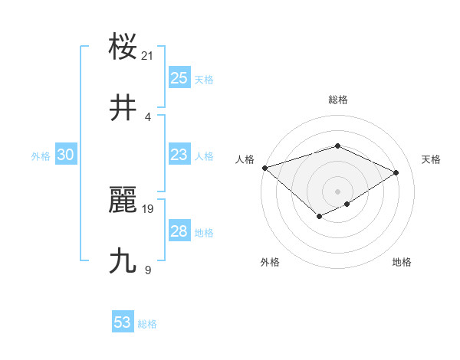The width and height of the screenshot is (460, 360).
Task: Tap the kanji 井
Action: [x=123, y=109]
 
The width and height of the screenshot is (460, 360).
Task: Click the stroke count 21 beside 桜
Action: [x=148, y=55]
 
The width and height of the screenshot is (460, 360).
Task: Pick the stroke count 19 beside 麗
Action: [x=148, y=208]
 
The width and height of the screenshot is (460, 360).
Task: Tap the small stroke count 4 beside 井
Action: [x=148, y=116]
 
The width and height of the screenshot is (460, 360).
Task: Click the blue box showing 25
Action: [x=179, y=78]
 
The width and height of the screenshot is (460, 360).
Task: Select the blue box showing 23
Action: [x=179, y=155]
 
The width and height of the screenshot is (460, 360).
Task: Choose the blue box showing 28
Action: [x=179, y=231]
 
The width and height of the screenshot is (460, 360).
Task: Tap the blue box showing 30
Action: [x=66, y=155]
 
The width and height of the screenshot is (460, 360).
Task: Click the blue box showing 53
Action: [x=123, y=322]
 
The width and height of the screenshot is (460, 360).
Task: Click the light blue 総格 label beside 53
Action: [x=147, y=324]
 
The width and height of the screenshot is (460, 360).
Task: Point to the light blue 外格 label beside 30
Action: [x=41, y=156]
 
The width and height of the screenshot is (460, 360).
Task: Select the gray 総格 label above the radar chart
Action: [x=337, y=100]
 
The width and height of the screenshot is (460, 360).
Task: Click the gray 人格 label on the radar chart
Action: [x=245, y=159]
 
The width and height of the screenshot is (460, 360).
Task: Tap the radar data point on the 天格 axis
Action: [x=396, y=173]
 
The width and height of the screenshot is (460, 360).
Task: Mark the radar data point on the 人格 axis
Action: [x=264, y=168]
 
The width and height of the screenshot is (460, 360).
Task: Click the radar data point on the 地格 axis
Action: [x=347, y=204]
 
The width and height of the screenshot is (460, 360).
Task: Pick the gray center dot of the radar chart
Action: [x=337, y=191]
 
